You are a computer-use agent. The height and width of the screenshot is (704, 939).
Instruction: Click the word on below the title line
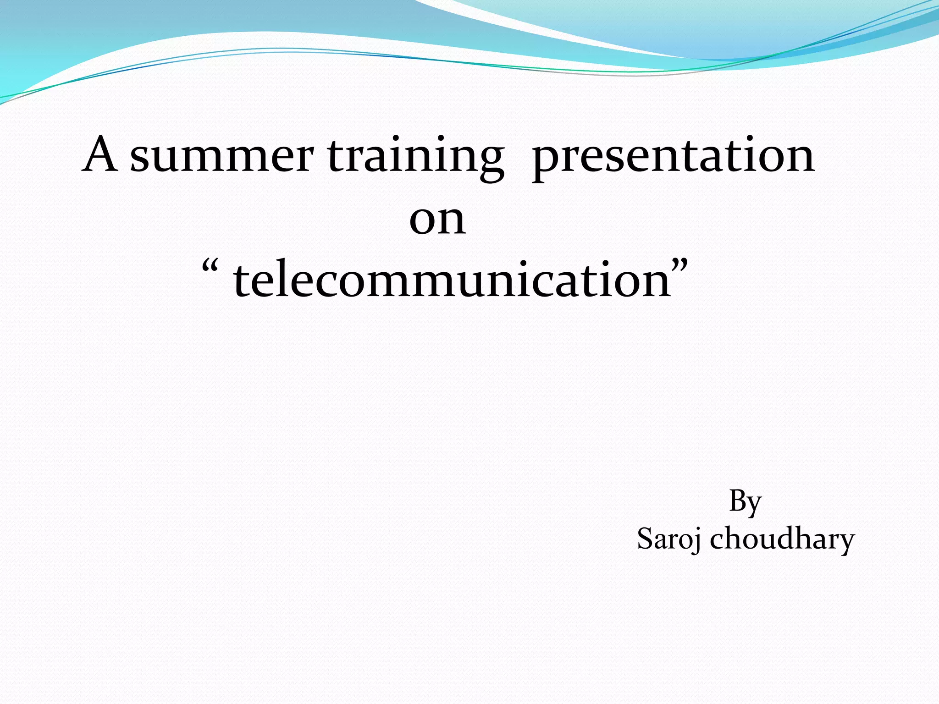[437, 220]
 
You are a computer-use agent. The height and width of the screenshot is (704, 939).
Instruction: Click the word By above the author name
[745, 502]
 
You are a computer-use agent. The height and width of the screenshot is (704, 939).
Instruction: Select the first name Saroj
[669, 539]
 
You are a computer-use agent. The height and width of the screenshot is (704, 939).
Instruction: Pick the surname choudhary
[782, 539]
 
